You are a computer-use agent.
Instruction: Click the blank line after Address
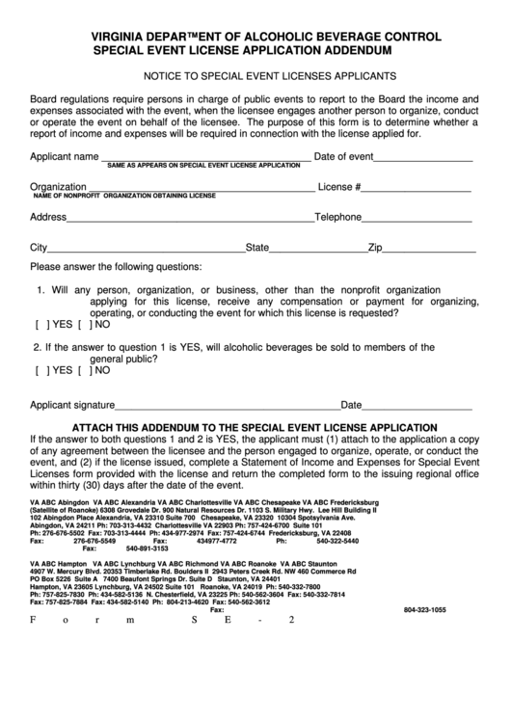tap(190, 218)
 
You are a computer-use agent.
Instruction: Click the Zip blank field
tap(429, 248)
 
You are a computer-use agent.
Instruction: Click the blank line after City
tap(146, 248)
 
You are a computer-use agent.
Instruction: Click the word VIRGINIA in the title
tap(121, 37)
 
